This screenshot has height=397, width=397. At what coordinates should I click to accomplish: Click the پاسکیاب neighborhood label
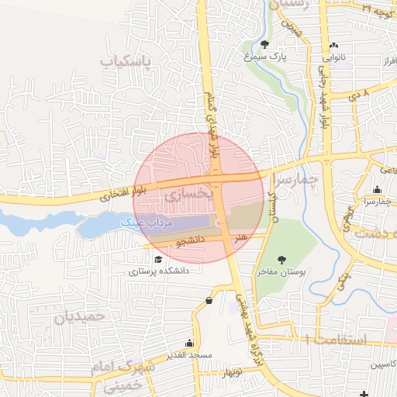[x=128, y=60]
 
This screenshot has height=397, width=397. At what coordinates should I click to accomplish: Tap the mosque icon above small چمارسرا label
[x=377, y=190]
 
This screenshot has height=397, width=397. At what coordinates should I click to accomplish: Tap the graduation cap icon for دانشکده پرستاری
[x=159, y=260]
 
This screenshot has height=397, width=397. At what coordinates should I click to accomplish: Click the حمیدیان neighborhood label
[x=78, y=316]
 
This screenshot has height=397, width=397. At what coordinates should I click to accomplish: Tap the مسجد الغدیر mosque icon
[x=189, y=343]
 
